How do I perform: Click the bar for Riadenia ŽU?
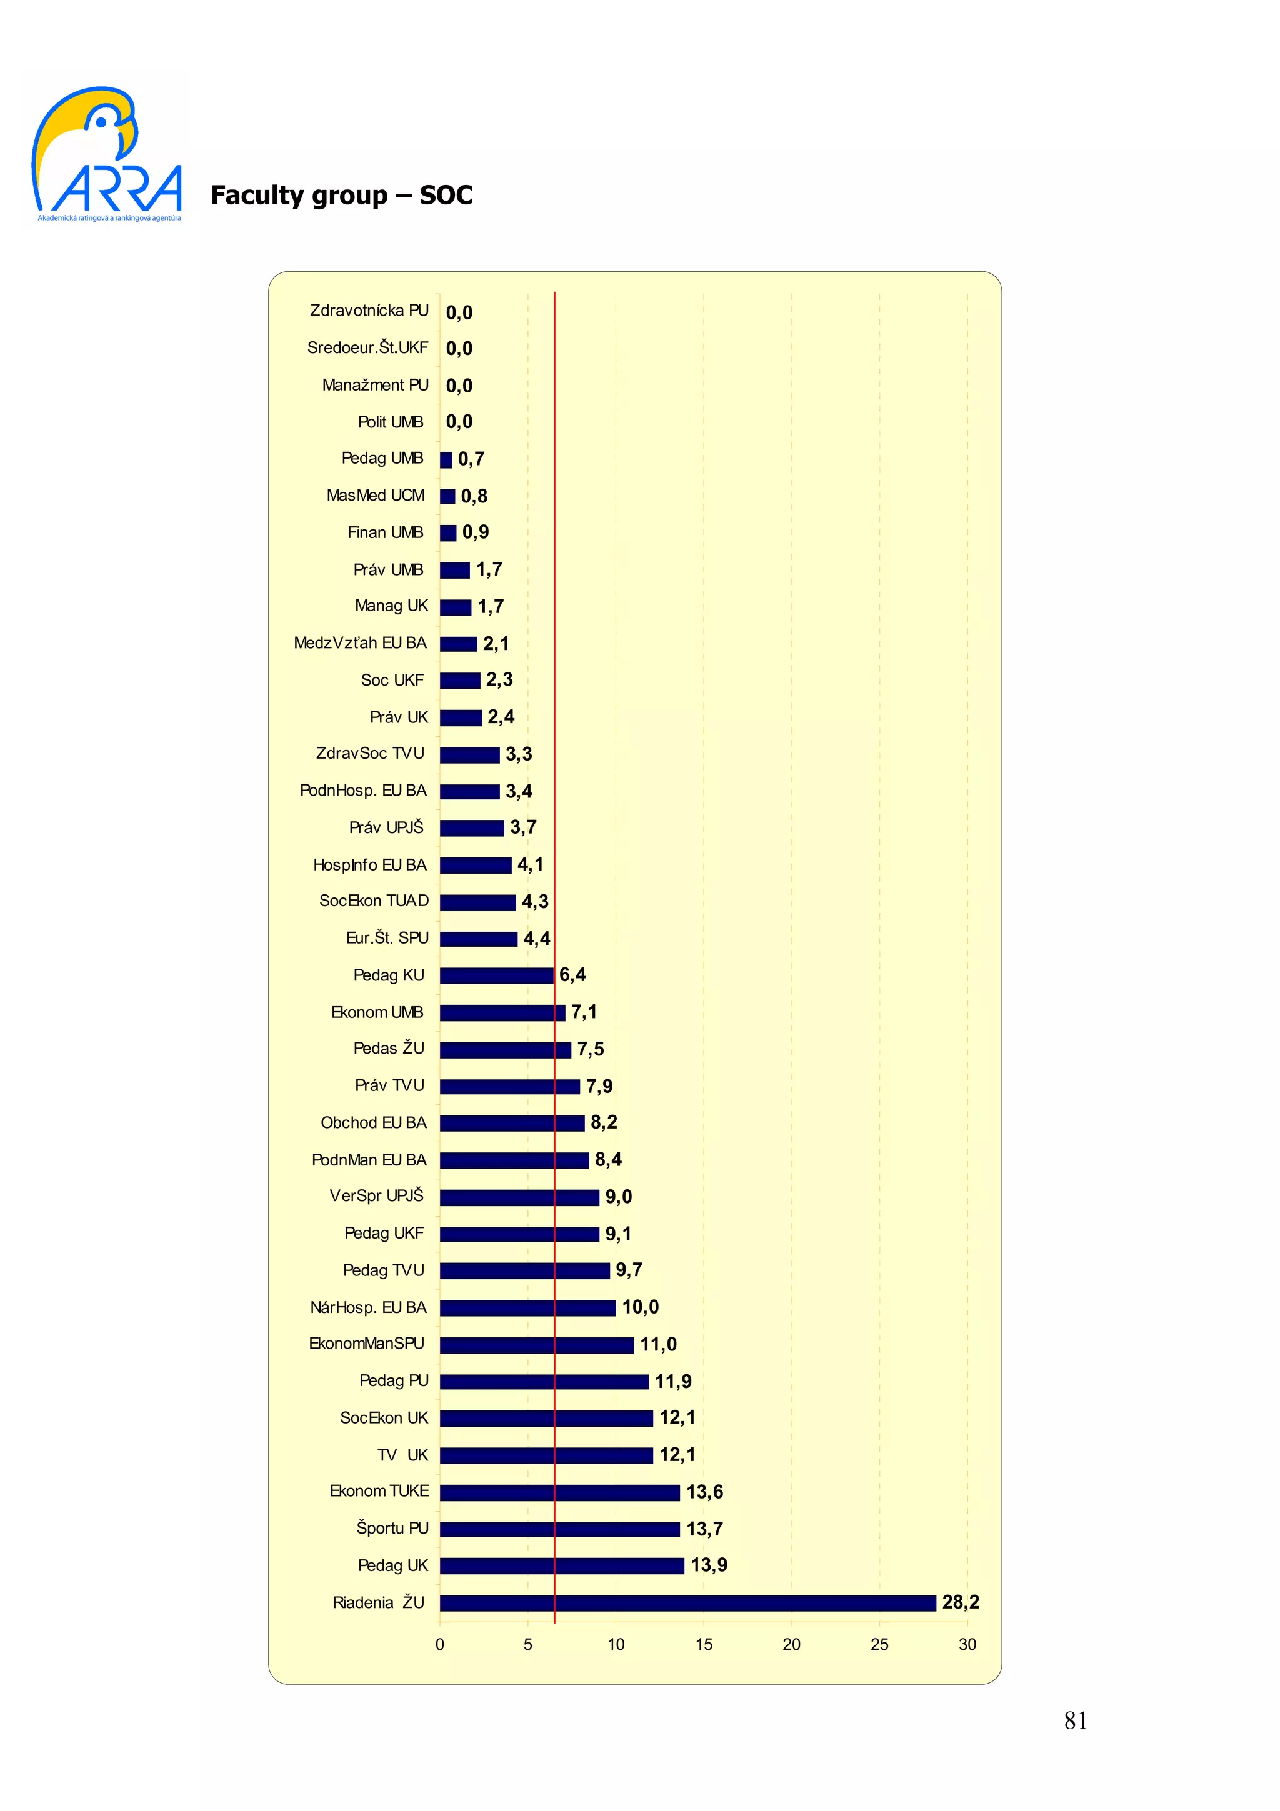point(687,1603)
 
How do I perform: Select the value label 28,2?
point(960,1602)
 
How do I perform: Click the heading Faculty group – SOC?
point(341,195)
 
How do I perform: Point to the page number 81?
point(1075,1720)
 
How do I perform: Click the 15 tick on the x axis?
point(704,1645)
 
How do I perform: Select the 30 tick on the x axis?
point(967,1645)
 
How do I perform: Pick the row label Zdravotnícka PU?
point(369,311)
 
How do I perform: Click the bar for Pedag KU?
point(496,975)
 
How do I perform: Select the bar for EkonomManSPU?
point(536,1345)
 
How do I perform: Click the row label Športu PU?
point(392,1529)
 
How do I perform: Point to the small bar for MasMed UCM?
point(447,496)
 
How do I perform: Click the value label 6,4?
point(572,975)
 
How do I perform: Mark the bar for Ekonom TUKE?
point(559,1492)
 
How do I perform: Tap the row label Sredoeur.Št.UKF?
point(367,348)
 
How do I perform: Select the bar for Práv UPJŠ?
point(472,827)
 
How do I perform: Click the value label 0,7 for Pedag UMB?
point(471,459)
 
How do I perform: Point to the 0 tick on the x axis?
point(440,1645)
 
